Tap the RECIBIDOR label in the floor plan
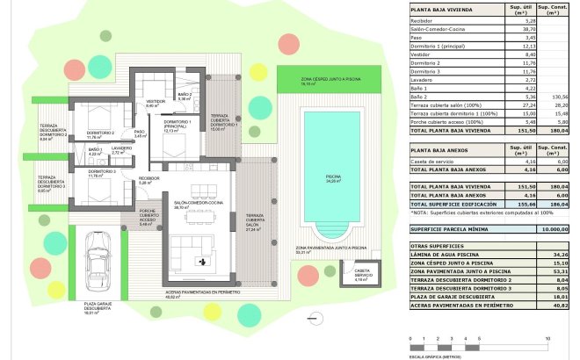pos(148,182)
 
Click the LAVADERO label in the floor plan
pos(121,150)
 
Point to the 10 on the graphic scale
pos(547,337)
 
